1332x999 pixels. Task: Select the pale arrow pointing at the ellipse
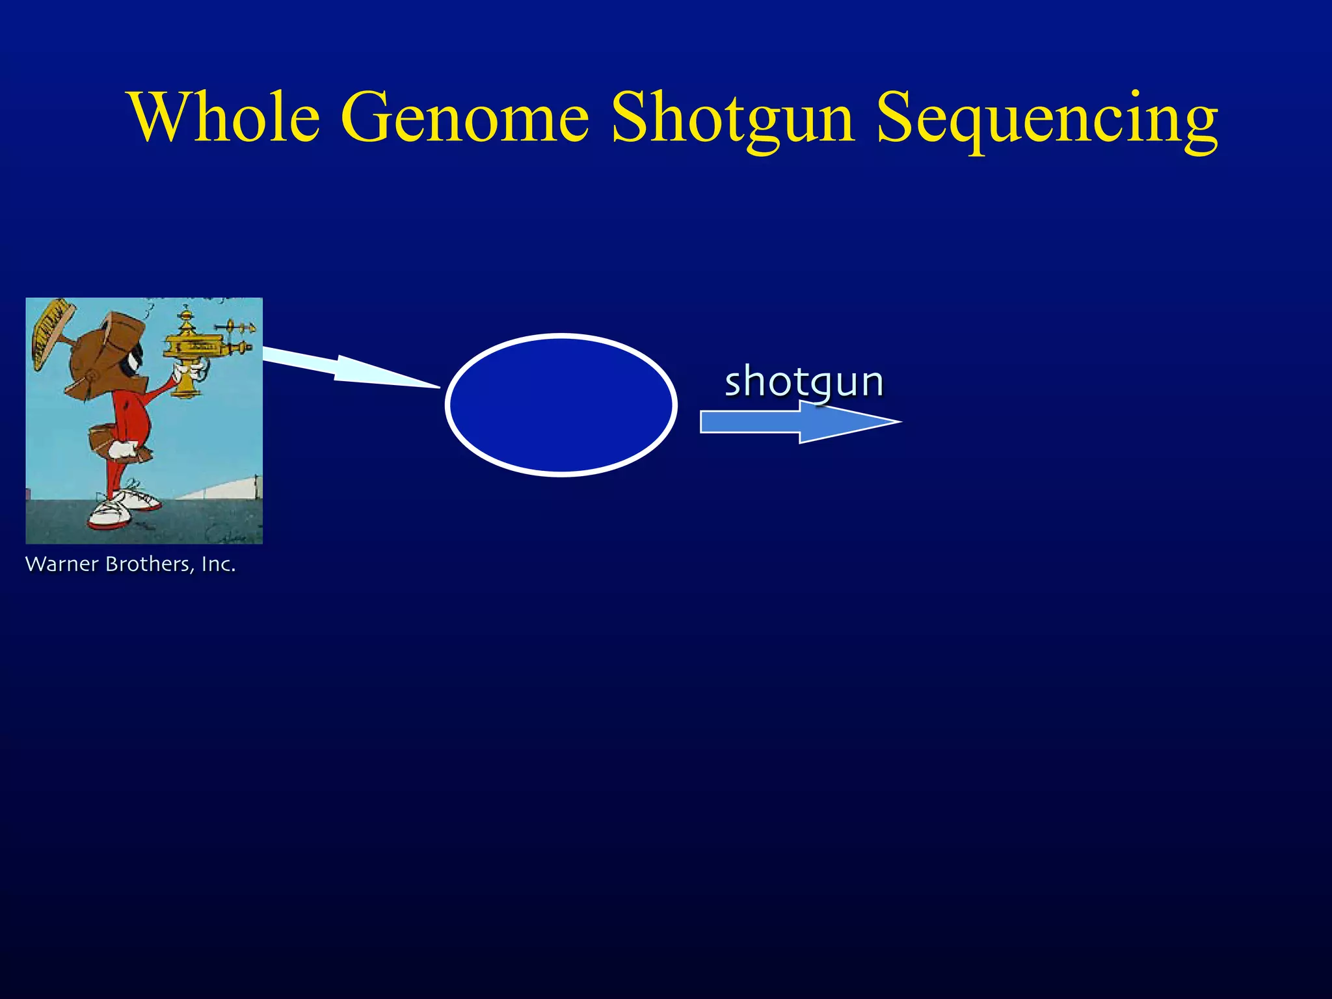(x=345, y=368)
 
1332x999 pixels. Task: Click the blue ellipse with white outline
(x=561, y=405)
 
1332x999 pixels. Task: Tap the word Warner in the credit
(x=62, y=564)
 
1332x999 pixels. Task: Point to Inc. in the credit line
(x=218, y=564)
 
